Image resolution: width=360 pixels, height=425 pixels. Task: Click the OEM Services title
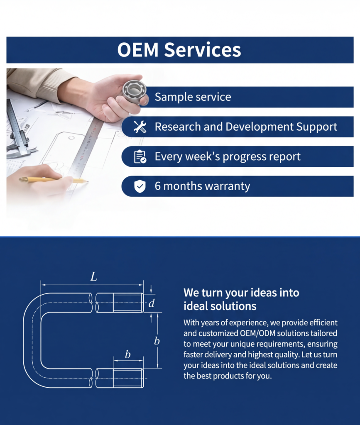[179, 50]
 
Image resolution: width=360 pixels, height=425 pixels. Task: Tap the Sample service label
[193, 97]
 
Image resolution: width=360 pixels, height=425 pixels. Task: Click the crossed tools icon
[140, 127]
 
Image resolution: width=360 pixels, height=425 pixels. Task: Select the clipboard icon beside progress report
[140, 156]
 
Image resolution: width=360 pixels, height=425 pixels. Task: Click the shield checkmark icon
[140, 186]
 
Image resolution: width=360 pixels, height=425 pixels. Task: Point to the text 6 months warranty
[202, 186]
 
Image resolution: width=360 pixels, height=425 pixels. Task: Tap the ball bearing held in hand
[135, 93]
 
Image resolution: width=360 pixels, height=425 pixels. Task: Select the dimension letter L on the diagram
[93, 277]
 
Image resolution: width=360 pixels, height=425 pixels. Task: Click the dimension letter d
[152, 303]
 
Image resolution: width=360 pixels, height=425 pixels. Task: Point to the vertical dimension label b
[157, 341]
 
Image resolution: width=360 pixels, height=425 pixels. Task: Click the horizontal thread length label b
[127, 354]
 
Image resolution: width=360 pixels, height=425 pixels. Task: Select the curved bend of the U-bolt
[32, 340]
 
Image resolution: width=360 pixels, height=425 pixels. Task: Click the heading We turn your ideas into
[241, 293]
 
